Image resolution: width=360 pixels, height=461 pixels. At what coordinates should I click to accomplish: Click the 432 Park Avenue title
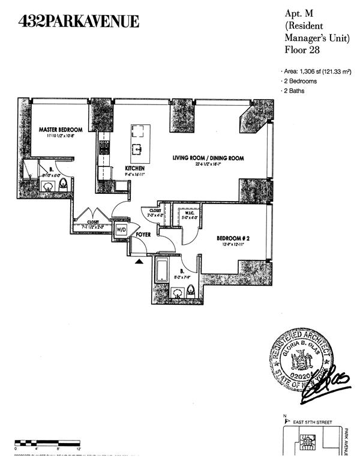80,22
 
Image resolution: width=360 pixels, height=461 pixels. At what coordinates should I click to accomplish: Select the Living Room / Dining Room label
208,158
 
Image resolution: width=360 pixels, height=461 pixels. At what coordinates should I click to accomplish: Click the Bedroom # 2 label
233,238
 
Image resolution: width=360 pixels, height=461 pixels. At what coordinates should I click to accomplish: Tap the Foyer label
142,234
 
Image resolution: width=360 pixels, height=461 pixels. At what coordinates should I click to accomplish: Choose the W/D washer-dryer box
121,229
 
